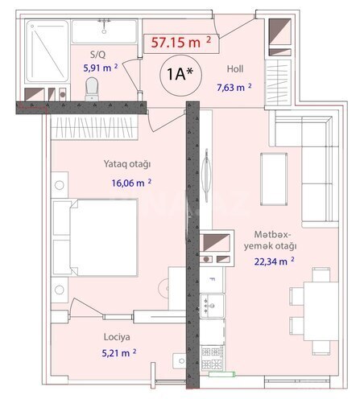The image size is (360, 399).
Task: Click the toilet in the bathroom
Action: [90, 88]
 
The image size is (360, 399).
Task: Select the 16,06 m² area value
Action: [131, 183]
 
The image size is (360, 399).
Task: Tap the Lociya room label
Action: [116, 339]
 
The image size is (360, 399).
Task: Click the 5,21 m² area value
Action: [116, 352]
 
